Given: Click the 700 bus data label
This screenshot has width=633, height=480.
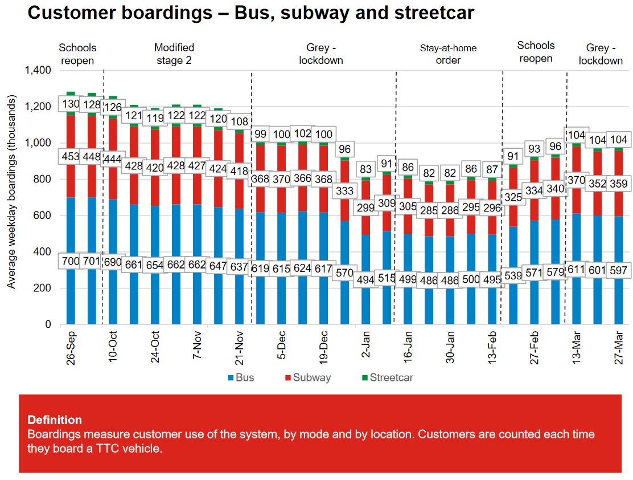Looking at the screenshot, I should click(x=71, y=262).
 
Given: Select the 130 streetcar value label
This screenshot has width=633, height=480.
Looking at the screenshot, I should click(x=71, y=105).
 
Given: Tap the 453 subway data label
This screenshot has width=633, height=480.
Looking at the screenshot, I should click(x=71, y=157).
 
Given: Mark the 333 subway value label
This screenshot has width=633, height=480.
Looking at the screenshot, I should click(x=345, y=190).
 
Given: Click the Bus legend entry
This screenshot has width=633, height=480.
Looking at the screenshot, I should click(x=241, y=377).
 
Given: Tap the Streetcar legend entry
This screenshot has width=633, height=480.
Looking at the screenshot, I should click(x=387, y=377).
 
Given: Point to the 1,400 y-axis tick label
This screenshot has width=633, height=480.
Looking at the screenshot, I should click(x=38, y=71).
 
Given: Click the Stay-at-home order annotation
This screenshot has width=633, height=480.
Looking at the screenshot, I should click(x=448, y=54).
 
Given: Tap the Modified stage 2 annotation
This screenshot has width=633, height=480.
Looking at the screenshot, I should click(x=174, y=54).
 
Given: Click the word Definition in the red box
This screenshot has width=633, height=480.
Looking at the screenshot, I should click(x=55, y=420).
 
